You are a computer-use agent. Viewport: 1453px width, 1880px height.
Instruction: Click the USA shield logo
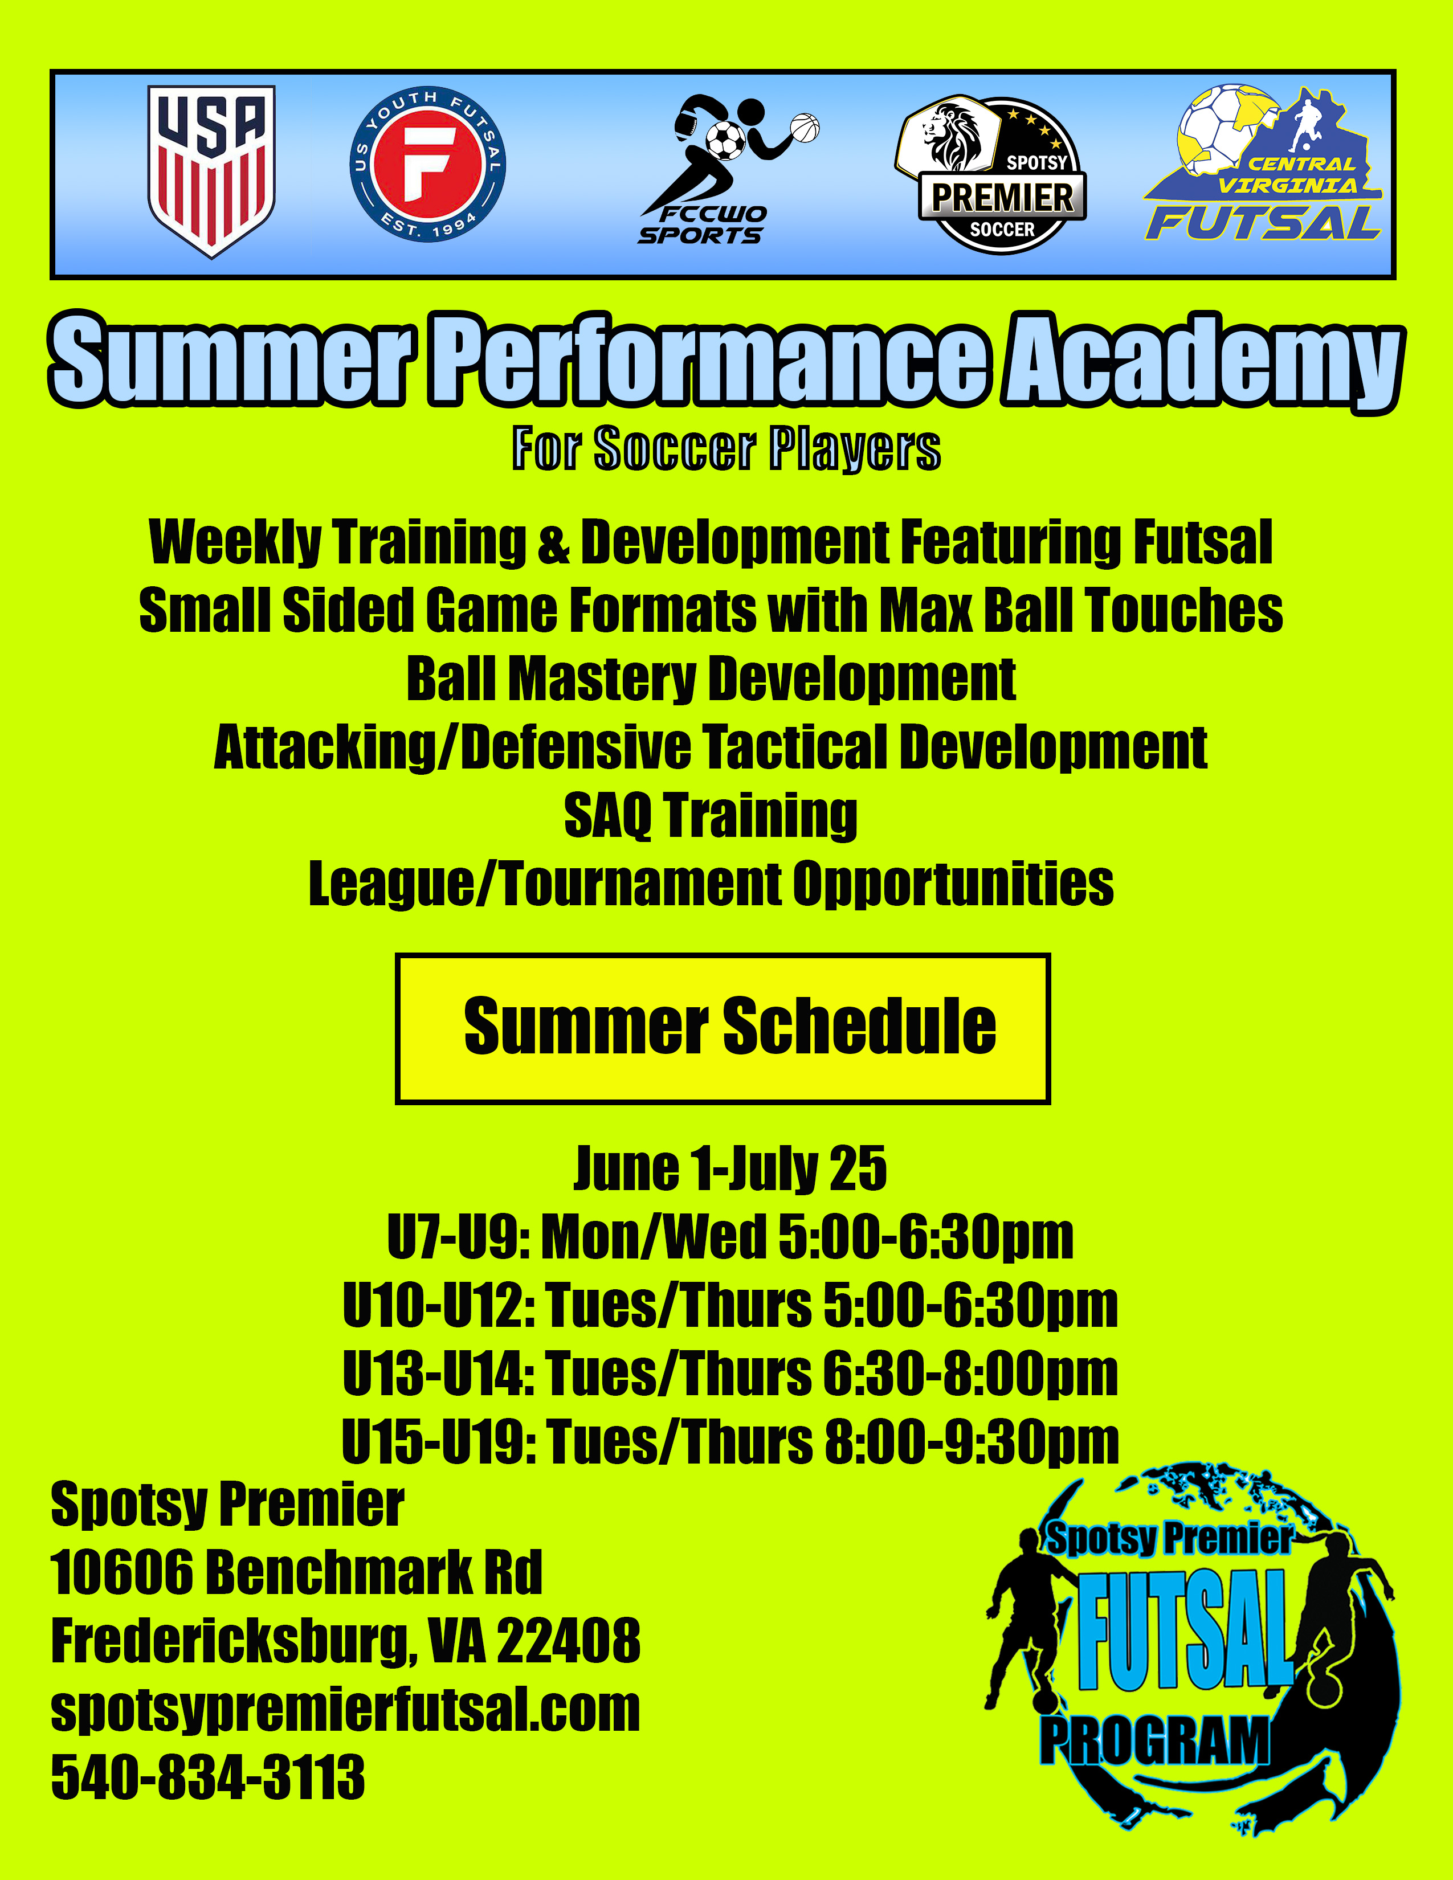pyautogui.click(x=212, y=171)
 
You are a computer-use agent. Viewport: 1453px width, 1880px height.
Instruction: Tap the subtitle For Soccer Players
pyautogui.click(x=726, y=448)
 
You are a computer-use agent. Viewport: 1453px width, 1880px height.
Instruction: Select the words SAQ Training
pyautogui.click(x=711, y=815)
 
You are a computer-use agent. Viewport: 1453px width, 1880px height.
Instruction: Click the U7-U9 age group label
pyautogui.click(x=458, y=1237)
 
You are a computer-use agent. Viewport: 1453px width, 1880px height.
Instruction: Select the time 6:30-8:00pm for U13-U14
pyautogui.click(x=970, y=1374)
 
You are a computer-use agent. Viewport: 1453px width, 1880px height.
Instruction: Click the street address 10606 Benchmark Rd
pyautogui.click(x=297, y=1573)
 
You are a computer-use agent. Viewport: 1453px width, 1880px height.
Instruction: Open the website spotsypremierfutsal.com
pyautogui.click(x=346, y=1710)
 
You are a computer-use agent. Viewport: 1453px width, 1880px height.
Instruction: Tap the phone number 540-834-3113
pyautogui.click(x=209, y=1777)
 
